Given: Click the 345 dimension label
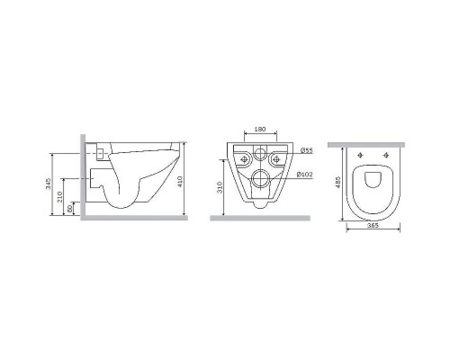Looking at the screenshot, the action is coord(49,184).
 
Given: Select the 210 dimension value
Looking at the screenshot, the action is coord(59,196).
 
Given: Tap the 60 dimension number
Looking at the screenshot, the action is coord(69,209).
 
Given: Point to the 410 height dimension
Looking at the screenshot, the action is coord(180,182).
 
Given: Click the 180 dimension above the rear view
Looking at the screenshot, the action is coord(260,129).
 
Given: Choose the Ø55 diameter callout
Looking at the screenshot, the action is coord(307,150).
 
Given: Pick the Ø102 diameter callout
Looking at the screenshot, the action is coord(304,175).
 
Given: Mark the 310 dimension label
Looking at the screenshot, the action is coord(220,187).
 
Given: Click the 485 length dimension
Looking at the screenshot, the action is coord(338,182).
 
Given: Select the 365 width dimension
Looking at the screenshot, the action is coord(373,226).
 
